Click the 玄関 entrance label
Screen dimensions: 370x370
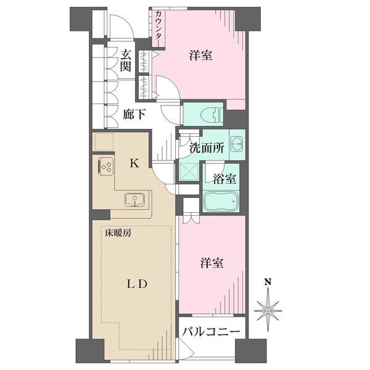[126, 60]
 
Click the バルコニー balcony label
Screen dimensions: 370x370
[211, 332]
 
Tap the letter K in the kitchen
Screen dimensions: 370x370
[134, 164]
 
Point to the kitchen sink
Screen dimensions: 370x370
[134, 199]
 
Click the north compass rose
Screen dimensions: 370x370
[268, 306]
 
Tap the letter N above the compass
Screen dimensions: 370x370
[268, 283]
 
